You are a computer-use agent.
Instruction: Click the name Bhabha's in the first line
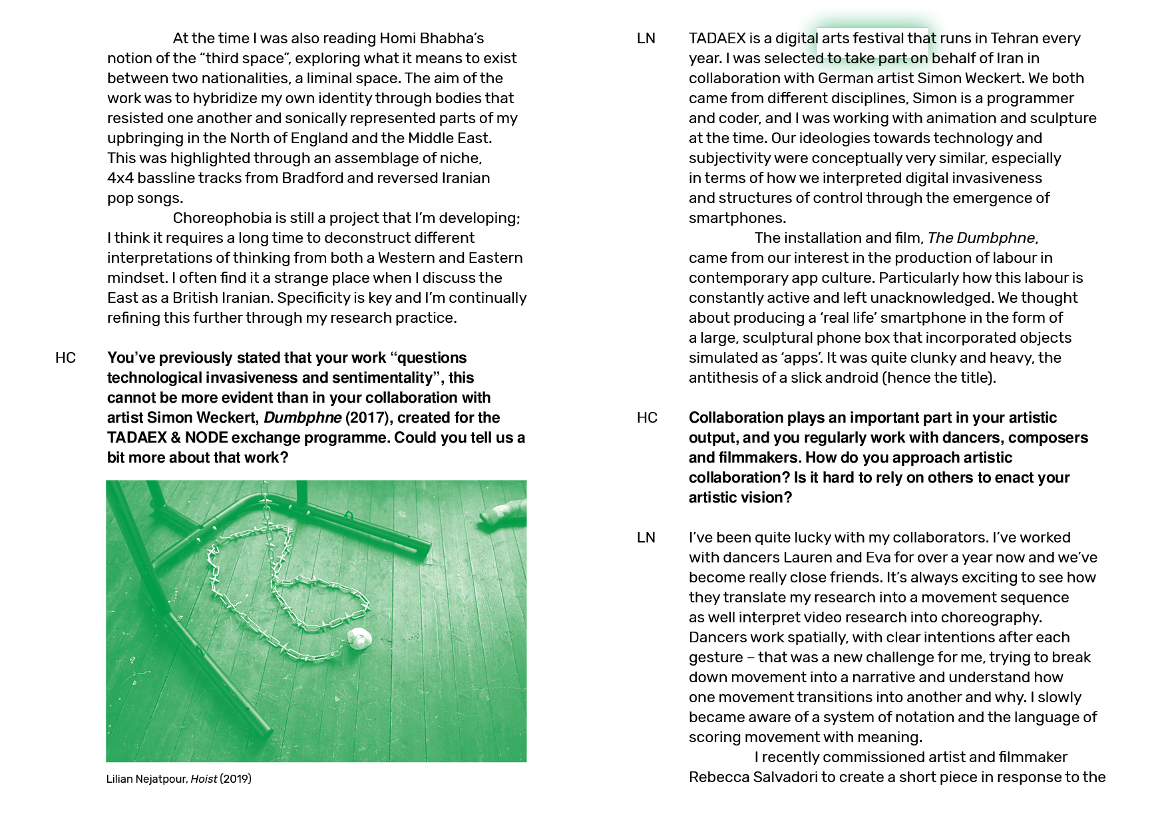click(x=452, y=39)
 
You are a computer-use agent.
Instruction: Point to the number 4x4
click(x=120, y=178)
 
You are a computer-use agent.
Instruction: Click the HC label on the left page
click(x=65, y=358)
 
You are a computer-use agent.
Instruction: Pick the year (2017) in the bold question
click(x=366, y=418)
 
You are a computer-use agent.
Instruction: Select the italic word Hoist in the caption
click(x=204, y=779)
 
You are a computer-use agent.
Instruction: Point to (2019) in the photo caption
click(x=236, y=779)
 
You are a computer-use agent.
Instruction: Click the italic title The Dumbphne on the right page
click(x=982, y=238)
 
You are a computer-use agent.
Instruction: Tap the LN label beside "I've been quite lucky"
click(x=646, y=538)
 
